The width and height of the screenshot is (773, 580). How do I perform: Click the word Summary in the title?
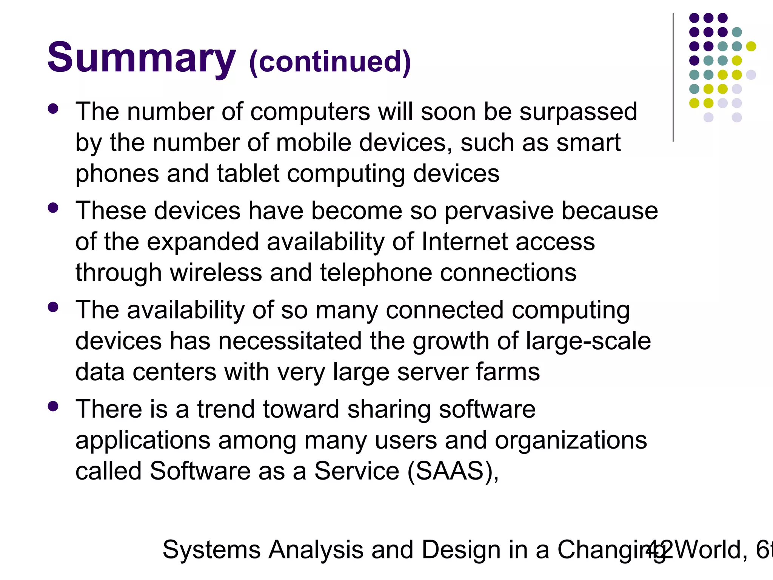(142, 59)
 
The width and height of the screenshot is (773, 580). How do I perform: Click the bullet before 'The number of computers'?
(53, 109)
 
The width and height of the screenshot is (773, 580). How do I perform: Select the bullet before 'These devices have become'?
(53, 208)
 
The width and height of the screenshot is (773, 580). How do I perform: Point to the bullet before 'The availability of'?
(53, 307)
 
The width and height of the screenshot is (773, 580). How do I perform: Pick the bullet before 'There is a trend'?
(53, 406)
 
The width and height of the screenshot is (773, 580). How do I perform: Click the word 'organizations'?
(571, 441)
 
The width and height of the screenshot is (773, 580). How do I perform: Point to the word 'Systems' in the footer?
(211, 550)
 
